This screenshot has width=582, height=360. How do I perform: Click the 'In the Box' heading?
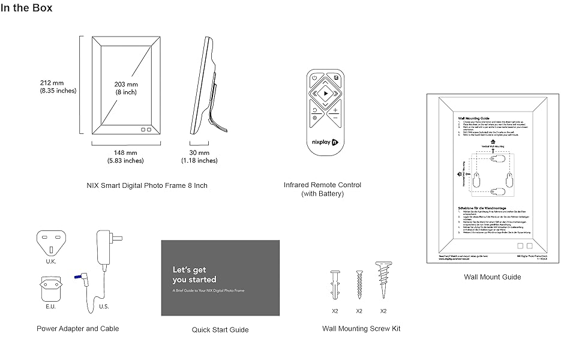[x=26, y=8]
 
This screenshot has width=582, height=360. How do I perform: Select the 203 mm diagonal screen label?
[x=126, y=88]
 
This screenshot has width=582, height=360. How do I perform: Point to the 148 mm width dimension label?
[x=125, y=157]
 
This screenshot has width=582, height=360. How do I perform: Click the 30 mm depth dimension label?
[x=199, y=157]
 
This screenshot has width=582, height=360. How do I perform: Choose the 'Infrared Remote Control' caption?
[x=322, y=189]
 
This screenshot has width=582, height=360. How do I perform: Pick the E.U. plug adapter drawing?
[x=51, y=287]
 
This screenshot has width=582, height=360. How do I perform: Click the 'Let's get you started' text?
[x=194, y=275]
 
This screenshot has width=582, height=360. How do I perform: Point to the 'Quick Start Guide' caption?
[x=220, y=329]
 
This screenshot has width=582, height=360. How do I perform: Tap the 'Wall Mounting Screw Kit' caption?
[x=361, y=328]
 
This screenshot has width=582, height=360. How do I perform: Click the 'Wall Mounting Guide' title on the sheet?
[x=474, y=119]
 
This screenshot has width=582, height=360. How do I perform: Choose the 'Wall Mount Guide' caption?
[x=492, y=277]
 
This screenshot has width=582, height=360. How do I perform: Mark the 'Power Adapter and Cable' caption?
[x=78, y=328]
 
